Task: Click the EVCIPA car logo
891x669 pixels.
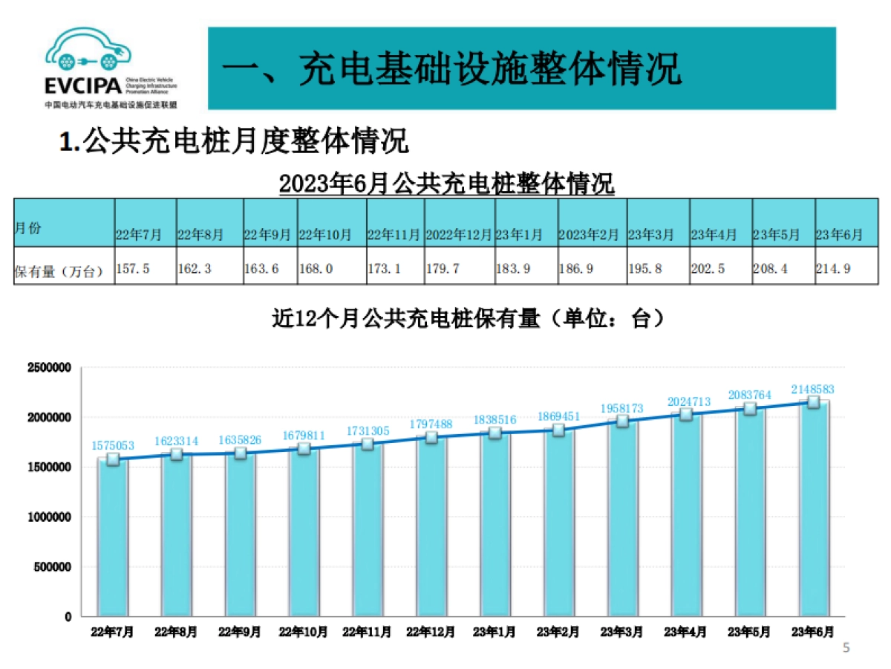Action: click(x=88, y=51)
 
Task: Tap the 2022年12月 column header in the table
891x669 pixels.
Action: click(x=458, y=235)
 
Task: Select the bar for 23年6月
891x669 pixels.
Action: click(x=814, y=513)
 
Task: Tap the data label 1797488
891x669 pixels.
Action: click(x=431, y=424)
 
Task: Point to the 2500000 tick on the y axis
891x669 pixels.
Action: click(x=49, y=368)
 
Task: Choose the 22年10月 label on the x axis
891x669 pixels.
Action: click(x=304, y=633)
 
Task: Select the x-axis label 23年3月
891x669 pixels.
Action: click(x=622, y=633)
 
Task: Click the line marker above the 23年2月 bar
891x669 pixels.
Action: click(x=558, y=430)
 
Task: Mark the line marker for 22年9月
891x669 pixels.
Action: click(x=240, y=453)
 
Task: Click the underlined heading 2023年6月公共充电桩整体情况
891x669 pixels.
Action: click(x=446, y=183)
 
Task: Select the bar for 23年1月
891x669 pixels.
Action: click(x=495, y=528)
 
